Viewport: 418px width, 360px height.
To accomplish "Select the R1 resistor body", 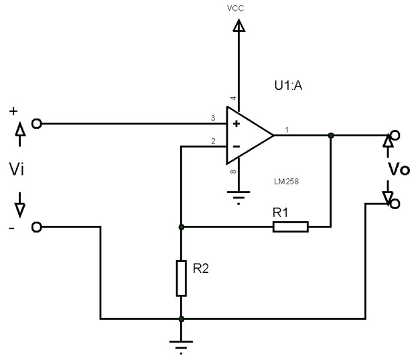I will coord(290,227).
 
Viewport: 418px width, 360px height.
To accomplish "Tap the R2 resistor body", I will coord(181,278).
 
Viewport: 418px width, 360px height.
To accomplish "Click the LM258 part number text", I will coord(287,182).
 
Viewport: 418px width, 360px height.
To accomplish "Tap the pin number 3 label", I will coord(212,119).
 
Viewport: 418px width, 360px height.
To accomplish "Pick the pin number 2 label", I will coord(212,141).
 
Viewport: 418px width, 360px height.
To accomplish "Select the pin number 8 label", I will coord(234,173).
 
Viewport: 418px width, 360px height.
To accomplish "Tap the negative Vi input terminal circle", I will coord(37,227).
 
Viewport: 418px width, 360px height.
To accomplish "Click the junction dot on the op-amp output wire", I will coord(331,135).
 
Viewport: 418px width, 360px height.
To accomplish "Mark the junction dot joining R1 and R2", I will coord(181,227).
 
